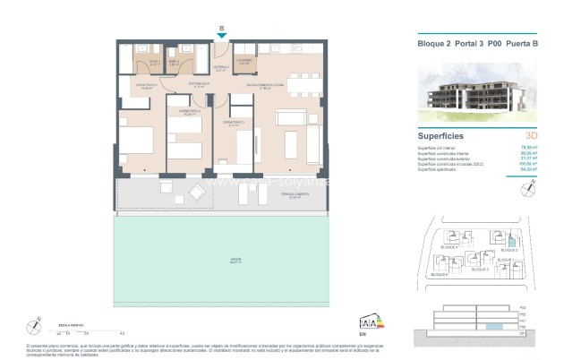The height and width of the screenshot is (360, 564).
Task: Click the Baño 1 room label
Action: [x=154, y=64]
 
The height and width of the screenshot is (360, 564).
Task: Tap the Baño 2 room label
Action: [x=175, y=64]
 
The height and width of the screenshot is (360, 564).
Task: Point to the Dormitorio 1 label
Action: [x=146, y=87]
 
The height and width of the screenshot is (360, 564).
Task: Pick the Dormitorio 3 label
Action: [x=235, y=123]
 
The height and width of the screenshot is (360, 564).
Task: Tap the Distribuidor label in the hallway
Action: [x=199, y=86]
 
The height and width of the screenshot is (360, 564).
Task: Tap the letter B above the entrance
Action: [x=222, y=29]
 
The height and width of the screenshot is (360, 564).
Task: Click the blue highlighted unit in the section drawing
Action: [x=488, y=325]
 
